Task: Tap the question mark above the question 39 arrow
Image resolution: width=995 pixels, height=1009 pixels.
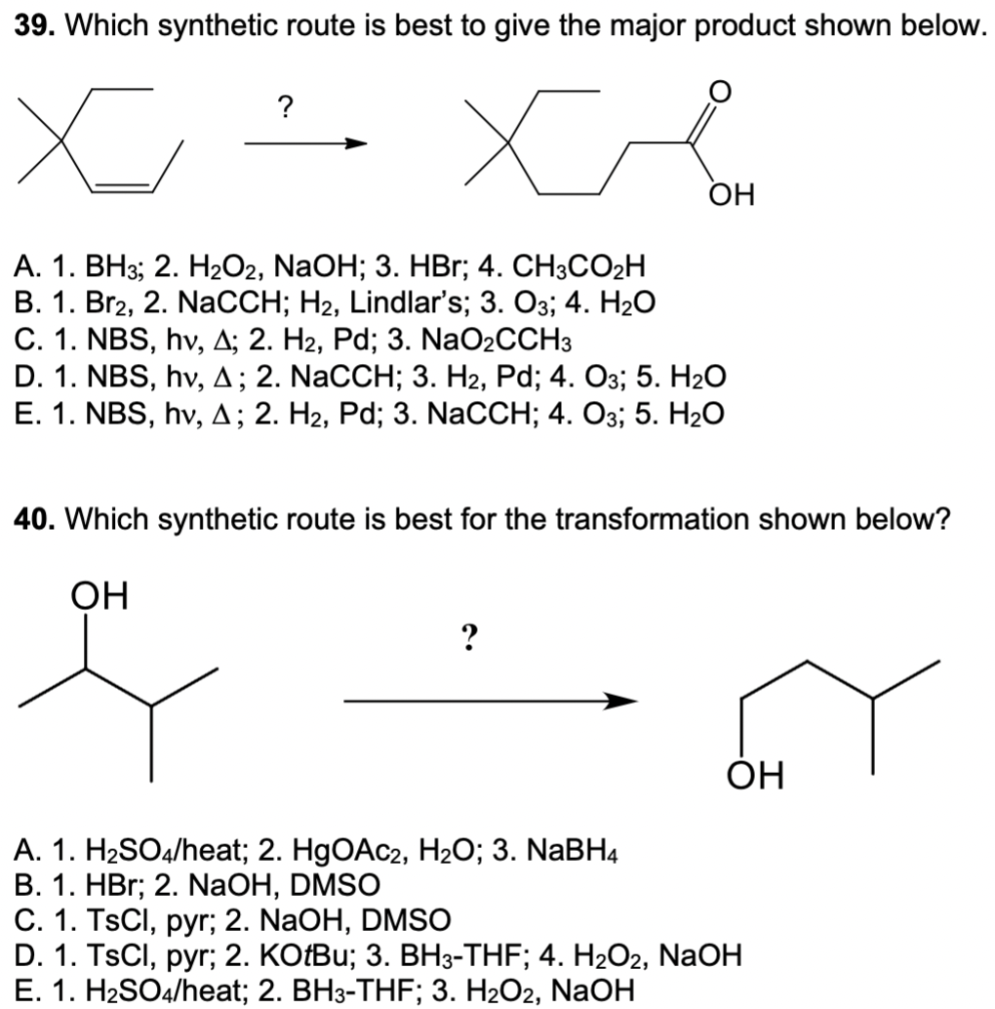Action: [285, 105]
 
